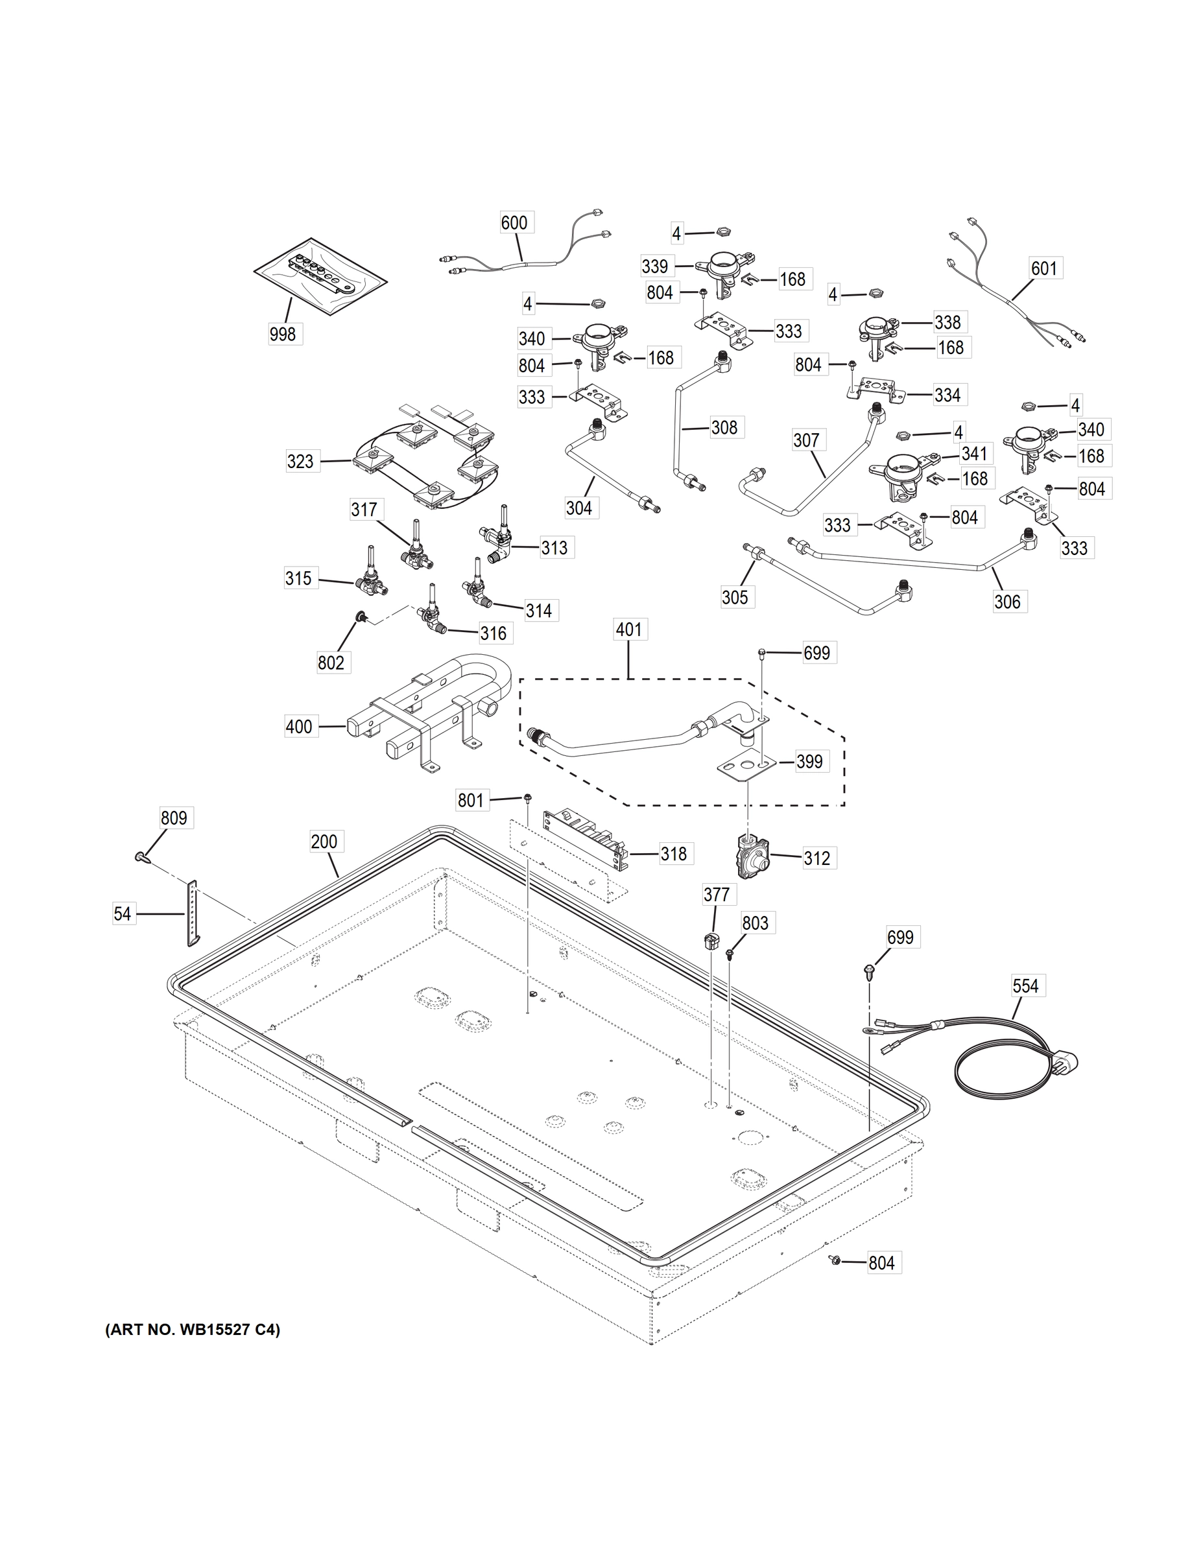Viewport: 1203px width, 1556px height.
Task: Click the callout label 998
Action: [x=282, y=333]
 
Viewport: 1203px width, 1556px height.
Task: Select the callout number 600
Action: [x=514, y=223]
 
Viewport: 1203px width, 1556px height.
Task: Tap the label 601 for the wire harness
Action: [x=1044, y=268]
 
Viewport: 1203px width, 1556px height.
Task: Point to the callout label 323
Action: [x=300, y=462]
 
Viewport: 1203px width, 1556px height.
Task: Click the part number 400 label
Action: [x=298, y=727]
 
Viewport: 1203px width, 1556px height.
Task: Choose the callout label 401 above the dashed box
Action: [x=628, y=630]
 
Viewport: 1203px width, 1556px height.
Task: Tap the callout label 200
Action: [x=324, y=842]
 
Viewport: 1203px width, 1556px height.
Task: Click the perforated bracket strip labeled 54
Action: [x=193, y=913]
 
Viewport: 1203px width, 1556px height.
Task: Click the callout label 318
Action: [x=673, y=853]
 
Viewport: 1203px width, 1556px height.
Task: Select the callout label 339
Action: [x=655, y=266]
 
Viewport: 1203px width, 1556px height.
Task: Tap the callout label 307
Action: [x=806, y=440]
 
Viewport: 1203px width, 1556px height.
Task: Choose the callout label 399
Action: [x=809, y=762]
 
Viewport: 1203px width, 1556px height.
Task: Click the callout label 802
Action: [x=331, y=663]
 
